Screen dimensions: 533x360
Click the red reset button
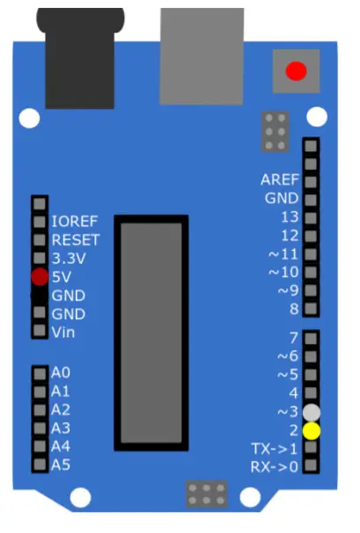point(296,71)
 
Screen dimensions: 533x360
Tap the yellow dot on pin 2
point(311,431)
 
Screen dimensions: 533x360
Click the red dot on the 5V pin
point(39,277)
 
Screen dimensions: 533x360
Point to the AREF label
point(280,179)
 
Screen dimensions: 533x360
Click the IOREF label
point(74,222)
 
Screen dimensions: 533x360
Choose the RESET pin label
point(75,239)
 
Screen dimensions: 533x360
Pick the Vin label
point(63,332)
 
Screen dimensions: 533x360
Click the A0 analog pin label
point(60,373)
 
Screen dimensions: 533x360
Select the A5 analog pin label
point(60,465)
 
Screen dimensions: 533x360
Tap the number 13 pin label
point(290,216)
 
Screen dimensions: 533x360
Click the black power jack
point(74,57)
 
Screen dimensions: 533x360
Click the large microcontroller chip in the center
point(152,334)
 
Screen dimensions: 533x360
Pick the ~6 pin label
point(287,356)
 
